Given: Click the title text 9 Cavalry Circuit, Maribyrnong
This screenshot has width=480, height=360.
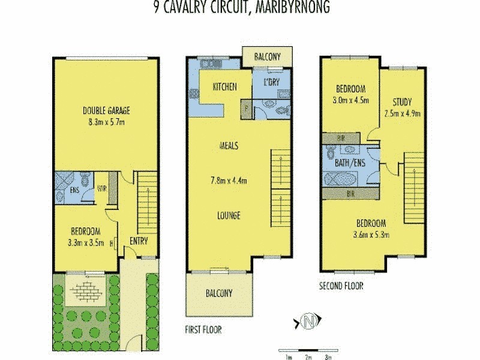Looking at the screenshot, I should pos(241,8).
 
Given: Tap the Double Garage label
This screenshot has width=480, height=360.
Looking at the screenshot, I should pos(106,110).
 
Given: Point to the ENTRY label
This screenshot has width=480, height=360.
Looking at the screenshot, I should pos(139,241).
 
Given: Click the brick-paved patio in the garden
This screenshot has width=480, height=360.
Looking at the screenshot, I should pos(82,292).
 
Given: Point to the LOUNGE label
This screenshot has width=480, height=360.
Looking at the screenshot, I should pos(230,215).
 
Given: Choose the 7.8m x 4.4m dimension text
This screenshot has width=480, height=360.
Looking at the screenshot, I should pos(230,180).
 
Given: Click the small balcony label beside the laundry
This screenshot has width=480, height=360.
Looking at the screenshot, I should pos(268,56).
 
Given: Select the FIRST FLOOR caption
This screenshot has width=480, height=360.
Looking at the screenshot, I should pos(204,329).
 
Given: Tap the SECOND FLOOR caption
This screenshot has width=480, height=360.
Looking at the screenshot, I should pos(341,286).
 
